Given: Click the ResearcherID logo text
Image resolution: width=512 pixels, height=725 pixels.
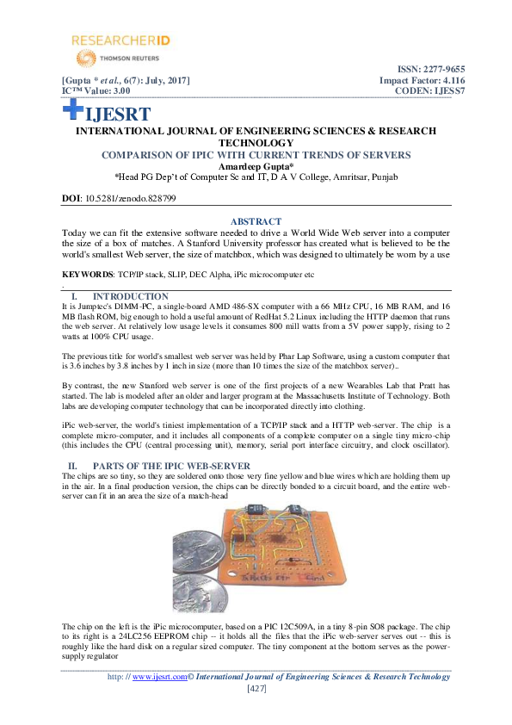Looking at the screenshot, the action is pos(113,40).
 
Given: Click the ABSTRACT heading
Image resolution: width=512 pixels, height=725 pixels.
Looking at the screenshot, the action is pos(256,221).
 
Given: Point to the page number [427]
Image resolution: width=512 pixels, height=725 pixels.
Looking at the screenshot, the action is pos(256,688).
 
